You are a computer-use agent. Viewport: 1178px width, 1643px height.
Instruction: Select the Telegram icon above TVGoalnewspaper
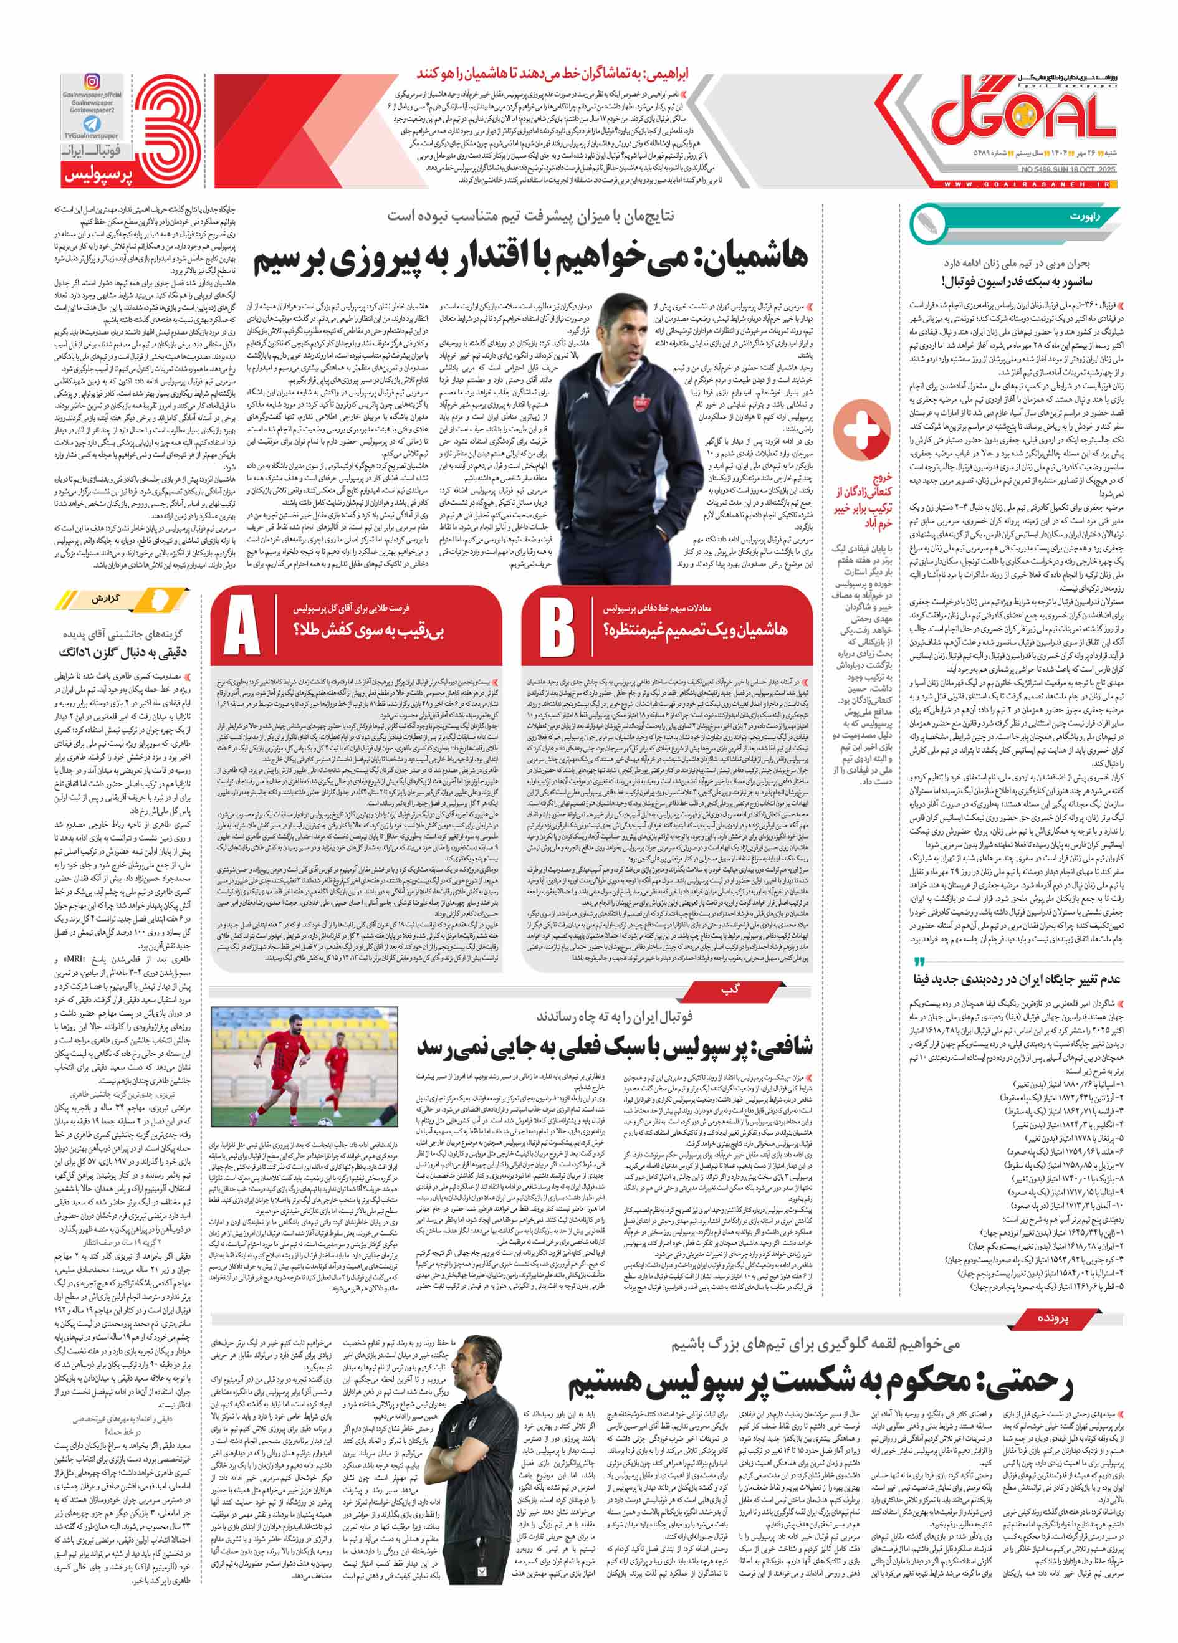point(91,124)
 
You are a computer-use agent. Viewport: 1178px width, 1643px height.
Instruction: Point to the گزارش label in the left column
point(106,600)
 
